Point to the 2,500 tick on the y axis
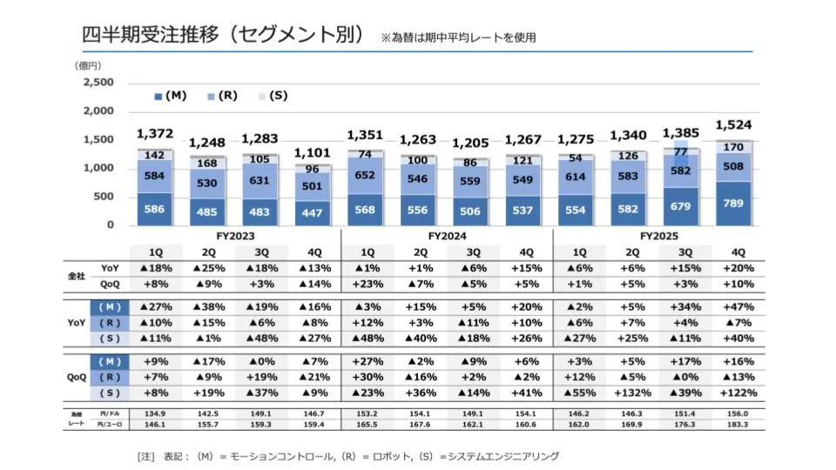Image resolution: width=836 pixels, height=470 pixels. [98, 83]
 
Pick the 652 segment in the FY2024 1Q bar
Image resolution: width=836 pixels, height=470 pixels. [366, 175]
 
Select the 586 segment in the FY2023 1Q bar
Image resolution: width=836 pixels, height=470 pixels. [155, 209]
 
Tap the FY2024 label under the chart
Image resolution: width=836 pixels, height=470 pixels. [447, 236]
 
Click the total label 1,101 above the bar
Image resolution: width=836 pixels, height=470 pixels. [313, 152]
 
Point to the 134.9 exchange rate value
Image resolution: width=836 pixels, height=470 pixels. [155, 413]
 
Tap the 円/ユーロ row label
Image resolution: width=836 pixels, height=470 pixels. [109, 425]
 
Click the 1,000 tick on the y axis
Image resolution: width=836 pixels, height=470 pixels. [98, 168]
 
